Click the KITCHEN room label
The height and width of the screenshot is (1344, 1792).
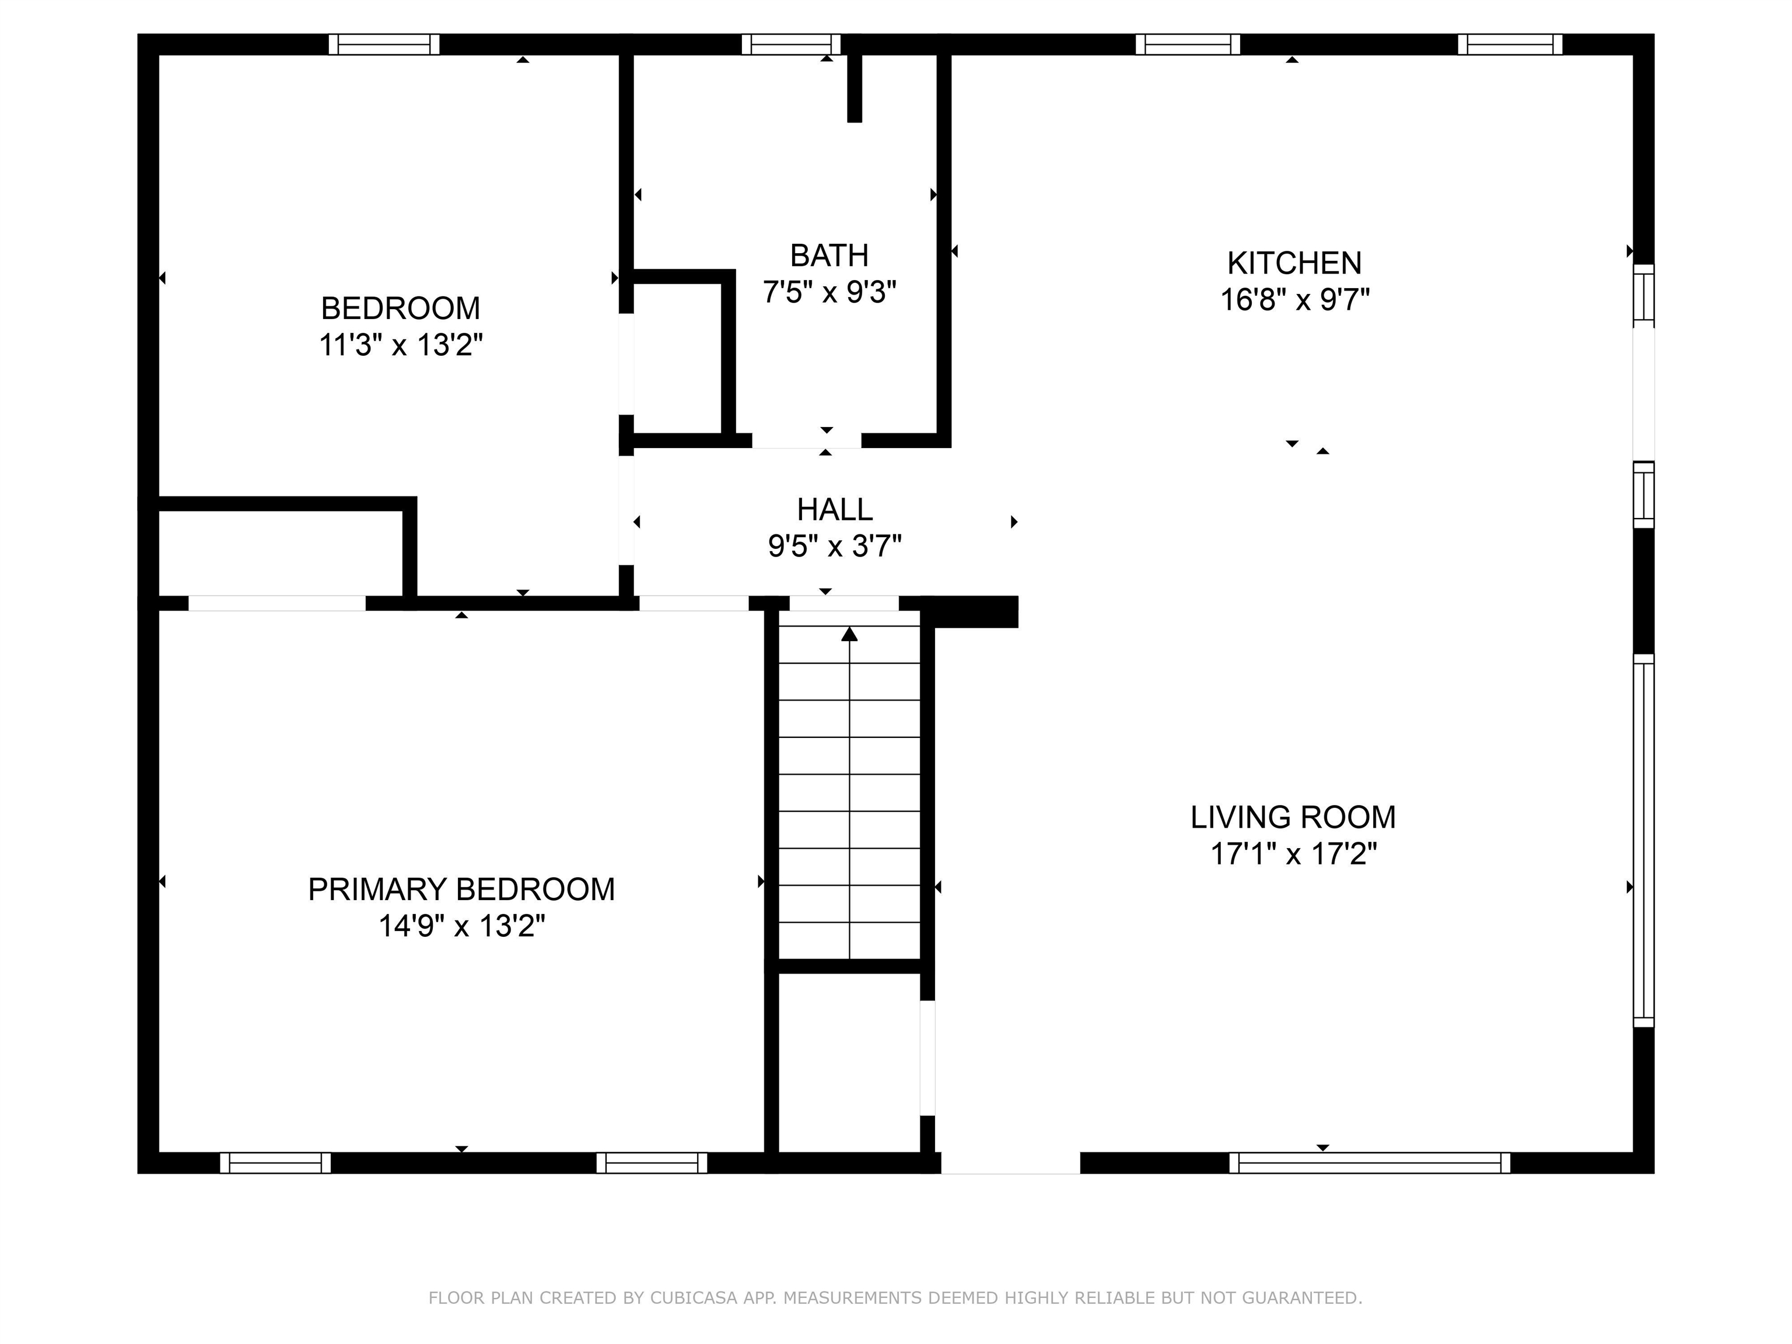click(1294, 263)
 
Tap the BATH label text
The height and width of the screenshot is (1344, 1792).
click(829, 256)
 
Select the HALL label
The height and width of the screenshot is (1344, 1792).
click(834, 510)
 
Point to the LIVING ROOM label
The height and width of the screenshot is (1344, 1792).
click(1293, 817)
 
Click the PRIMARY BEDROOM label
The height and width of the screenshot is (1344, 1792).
click(461, 890)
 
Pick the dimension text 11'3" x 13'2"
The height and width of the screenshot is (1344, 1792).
click(401, 346)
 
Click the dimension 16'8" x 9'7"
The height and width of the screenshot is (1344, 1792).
click(1294, 300)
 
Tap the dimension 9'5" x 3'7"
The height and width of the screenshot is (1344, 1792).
click(834, 547)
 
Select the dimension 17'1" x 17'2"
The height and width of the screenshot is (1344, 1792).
click(1294, 854)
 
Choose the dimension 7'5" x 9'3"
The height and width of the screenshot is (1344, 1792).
click(829, 292)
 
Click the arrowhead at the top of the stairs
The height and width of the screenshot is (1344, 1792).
click(849, 633)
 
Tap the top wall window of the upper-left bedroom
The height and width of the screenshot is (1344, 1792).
click(384, 44)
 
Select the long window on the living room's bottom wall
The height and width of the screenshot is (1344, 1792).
click(1370, 1163)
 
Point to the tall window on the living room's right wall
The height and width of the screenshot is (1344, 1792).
click(1643, 840)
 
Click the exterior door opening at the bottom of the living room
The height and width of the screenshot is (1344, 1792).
click(1010, 1163)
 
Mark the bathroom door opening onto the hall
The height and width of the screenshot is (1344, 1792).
click(806, 441)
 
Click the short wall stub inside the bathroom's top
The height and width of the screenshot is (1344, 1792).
click(855, 88)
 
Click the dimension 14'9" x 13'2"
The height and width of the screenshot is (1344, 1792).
click(462, 926)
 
